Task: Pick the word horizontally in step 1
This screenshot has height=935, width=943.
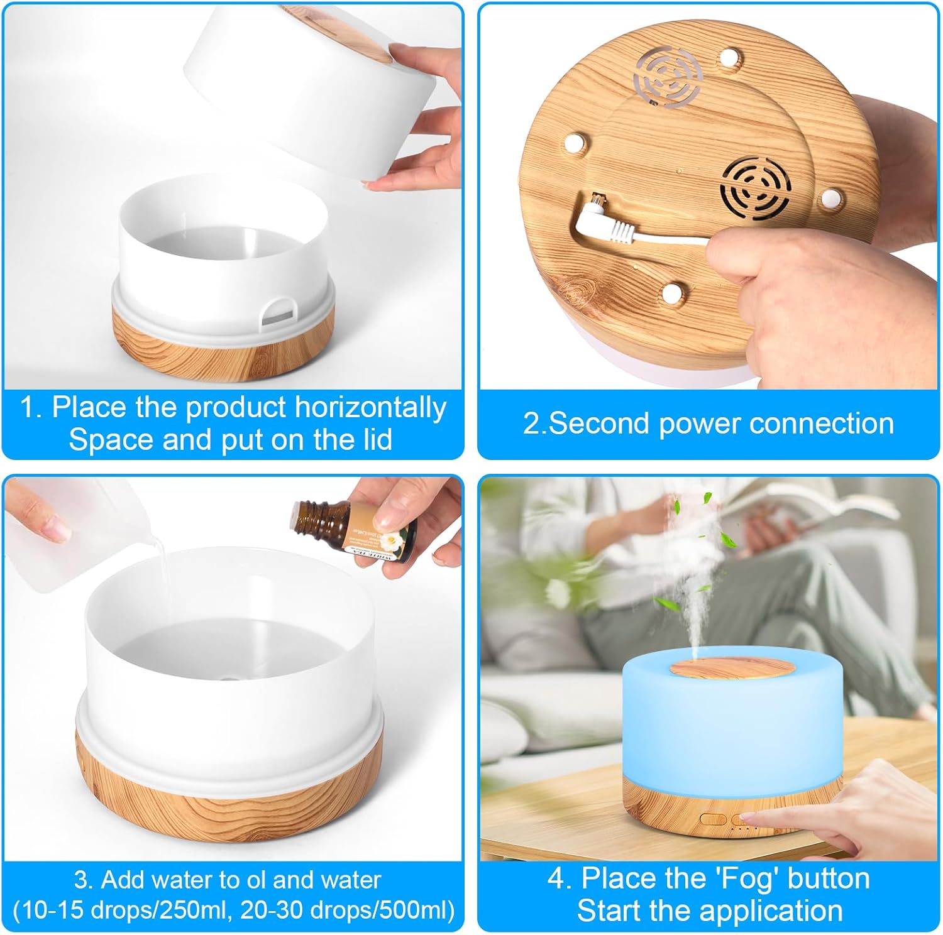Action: [x=370, y=407]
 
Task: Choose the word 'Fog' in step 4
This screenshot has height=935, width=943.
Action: [x=744, y=879]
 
